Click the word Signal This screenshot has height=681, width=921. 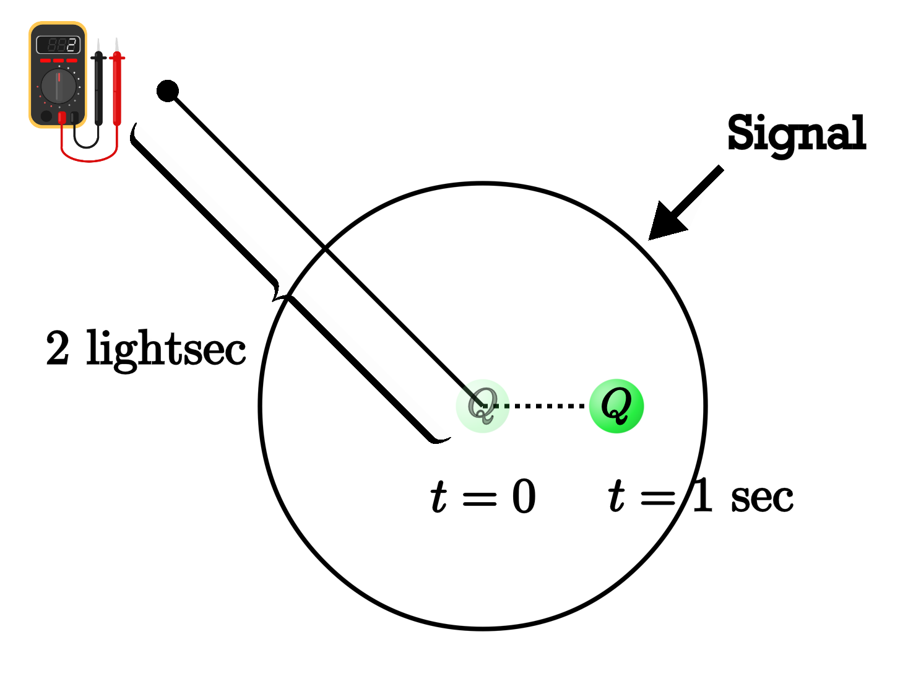click(x=796, y=133)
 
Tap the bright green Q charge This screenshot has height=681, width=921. click(x=616, y=406)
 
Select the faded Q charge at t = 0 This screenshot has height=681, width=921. click(x=482, y=406)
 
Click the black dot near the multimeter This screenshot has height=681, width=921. click(x=167, y=91)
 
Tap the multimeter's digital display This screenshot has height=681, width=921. click(x=58, y=45)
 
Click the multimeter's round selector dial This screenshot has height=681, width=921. click(x=58, y=87)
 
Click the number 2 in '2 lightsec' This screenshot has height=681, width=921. click(x=58, y=348)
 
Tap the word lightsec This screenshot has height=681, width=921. click(x=166, y=349)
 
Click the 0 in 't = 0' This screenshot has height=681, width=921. click(x=524, y=497)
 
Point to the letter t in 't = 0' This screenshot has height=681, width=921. click(x=438, y=497)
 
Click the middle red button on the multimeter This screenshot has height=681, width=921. click(x=58, y=61)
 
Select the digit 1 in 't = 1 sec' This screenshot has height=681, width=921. click(x=702, y=495)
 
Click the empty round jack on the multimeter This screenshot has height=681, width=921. click(x=46, y=116)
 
